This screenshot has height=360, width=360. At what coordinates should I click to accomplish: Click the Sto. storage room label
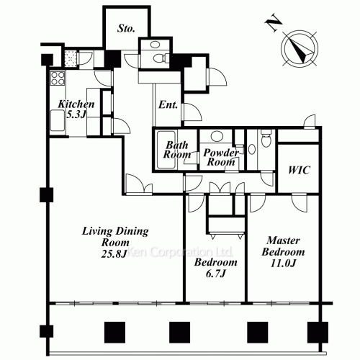[x=126, y=28]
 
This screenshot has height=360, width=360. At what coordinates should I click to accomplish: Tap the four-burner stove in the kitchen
[x=58, y=78]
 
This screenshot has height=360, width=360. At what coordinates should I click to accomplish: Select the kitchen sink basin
[x=58, y=120]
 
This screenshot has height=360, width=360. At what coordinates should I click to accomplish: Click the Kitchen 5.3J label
[x=76, y=109]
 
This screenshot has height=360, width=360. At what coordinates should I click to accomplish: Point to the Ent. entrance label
[x=168, y=104]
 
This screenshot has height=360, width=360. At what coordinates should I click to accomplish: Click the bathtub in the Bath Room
[x=166, y=150]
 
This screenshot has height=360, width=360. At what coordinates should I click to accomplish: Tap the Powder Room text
[x=221, y=158]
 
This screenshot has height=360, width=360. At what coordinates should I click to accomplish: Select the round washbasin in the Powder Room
[x=217, y=136]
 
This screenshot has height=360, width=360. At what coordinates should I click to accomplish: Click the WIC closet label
[x=299, y=170]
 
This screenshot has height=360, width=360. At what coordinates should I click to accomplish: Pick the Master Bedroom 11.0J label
[x=283, y=252]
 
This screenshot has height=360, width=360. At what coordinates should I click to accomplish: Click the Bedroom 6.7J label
[x=215, y=268]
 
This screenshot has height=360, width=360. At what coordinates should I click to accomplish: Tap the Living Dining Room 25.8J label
[x=115, y=242]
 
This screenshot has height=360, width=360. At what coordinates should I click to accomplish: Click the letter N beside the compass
[x=274, y=23]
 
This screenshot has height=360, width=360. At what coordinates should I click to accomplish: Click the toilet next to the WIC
[x=266, y=138]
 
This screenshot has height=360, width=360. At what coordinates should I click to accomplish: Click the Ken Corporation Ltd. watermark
[x=179, y=252]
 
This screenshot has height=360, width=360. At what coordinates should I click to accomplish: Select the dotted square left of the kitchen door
[x=71, y=58]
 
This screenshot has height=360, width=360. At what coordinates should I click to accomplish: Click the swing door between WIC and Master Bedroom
[x=299, y=203]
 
